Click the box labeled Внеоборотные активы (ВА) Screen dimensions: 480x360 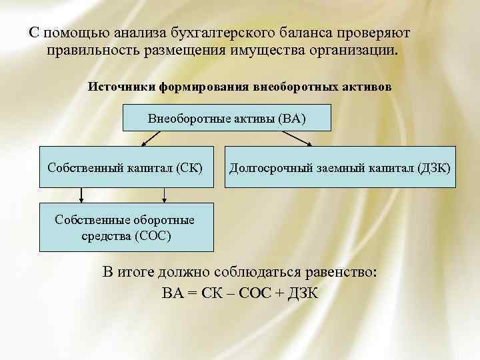[x=218, y=119]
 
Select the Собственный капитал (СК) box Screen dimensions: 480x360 [x=125, y=165]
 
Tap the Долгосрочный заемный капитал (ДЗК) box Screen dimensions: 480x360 [x=340, y=165]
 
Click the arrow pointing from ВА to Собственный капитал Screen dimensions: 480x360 [x=152, y=138]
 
